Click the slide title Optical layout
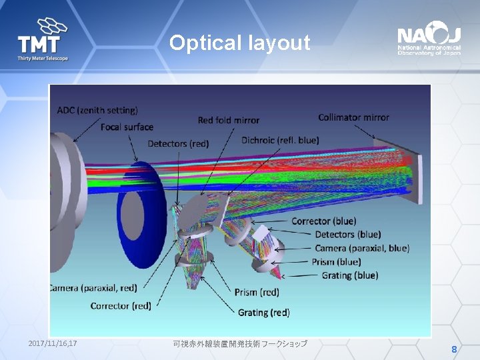click(239, 43)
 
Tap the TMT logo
click(43, 39)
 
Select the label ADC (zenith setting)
click(97, 110)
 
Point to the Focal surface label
click(127, 127)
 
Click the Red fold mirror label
click(229, 120)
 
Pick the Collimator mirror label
click(353, 117)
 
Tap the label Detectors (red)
click(178, 143)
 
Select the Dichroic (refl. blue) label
click(280, 140)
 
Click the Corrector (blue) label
click(323, 221)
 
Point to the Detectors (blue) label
click(347, 234)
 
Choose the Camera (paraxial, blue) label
click(362, 248)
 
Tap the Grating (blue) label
click(349, 275)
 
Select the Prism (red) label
click(257, 292)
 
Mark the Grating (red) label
click(264, 312)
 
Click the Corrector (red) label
click(121, 305)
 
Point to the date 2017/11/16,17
click(53, 343)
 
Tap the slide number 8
click(454, 350)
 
